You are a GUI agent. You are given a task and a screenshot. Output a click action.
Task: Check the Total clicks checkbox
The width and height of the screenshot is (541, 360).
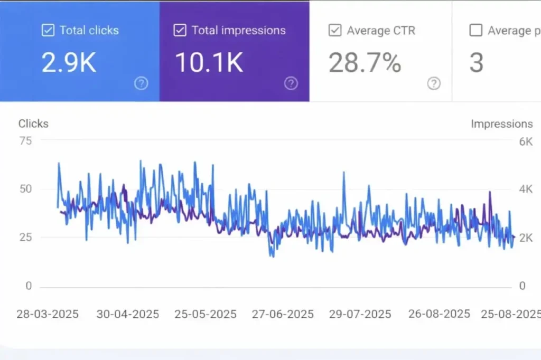tap(48, 31)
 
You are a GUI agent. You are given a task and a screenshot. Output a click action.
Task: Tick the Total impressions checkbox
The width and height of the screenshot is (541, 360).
tap(180, 31)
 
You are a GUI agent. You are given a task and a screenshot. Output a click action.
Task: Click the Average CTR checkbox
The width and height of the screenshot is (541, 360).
tap(335, 31)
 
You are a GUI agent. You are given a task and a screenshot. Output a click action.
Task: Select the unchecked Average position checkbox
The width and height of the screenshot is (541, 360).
tap(476, 31)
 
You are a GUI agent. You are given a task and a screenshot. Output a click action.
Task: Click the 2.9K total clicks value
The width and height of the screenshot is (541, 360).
tap(69, 63)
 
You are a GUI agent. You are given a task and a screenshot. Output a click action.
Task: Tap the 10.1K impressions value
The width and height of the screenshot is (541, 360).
tap(209, 63)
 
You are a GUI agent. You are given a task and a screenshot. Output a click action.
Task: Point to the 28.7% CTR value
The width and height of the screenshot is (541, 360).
tap(365, 63)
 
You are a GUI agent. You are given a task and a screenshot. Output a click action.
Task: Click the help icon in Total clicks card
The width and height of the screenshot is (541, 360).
tap(141, 83)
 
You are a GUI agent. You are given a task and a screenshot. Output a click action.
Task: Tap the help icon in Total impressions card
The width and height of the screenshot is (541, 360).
tap(291, 83)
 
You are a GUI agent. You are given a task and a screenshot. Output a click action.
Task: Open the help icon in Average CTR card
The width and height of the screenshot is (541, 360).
tap(434, 83)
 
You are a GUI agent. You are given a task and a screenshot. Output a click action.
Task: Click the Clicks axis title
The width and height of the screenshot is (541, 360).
tap(33, 124)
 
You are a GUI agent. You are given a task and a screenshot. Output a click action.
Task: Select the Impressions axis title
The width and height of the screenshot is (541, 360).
tap(501, 124)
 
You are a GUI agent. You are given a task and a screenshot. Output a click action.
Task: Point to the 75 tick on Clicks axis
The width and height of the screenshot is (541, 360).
tap(25, 140)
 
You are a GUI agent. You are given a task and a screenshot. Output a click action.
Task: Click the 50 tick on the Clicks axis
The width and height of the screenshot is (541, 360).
tap(25, 189)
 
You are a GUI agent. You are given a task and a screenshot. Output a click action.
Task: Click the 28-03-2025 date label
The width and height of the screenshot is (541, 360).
tap(48, 314)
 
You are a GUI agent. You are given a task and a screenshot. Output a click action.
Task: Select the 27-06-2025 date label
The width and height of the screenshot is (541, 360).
tap(283, 314)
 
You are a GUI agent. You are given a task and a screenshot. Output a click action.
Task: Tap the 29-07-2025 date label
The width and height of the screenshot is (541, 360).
tap(360, 314)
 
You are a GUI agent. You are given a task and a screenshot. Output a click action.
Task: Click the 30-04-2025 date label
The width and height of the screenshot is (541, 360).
tap(128, 314)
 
